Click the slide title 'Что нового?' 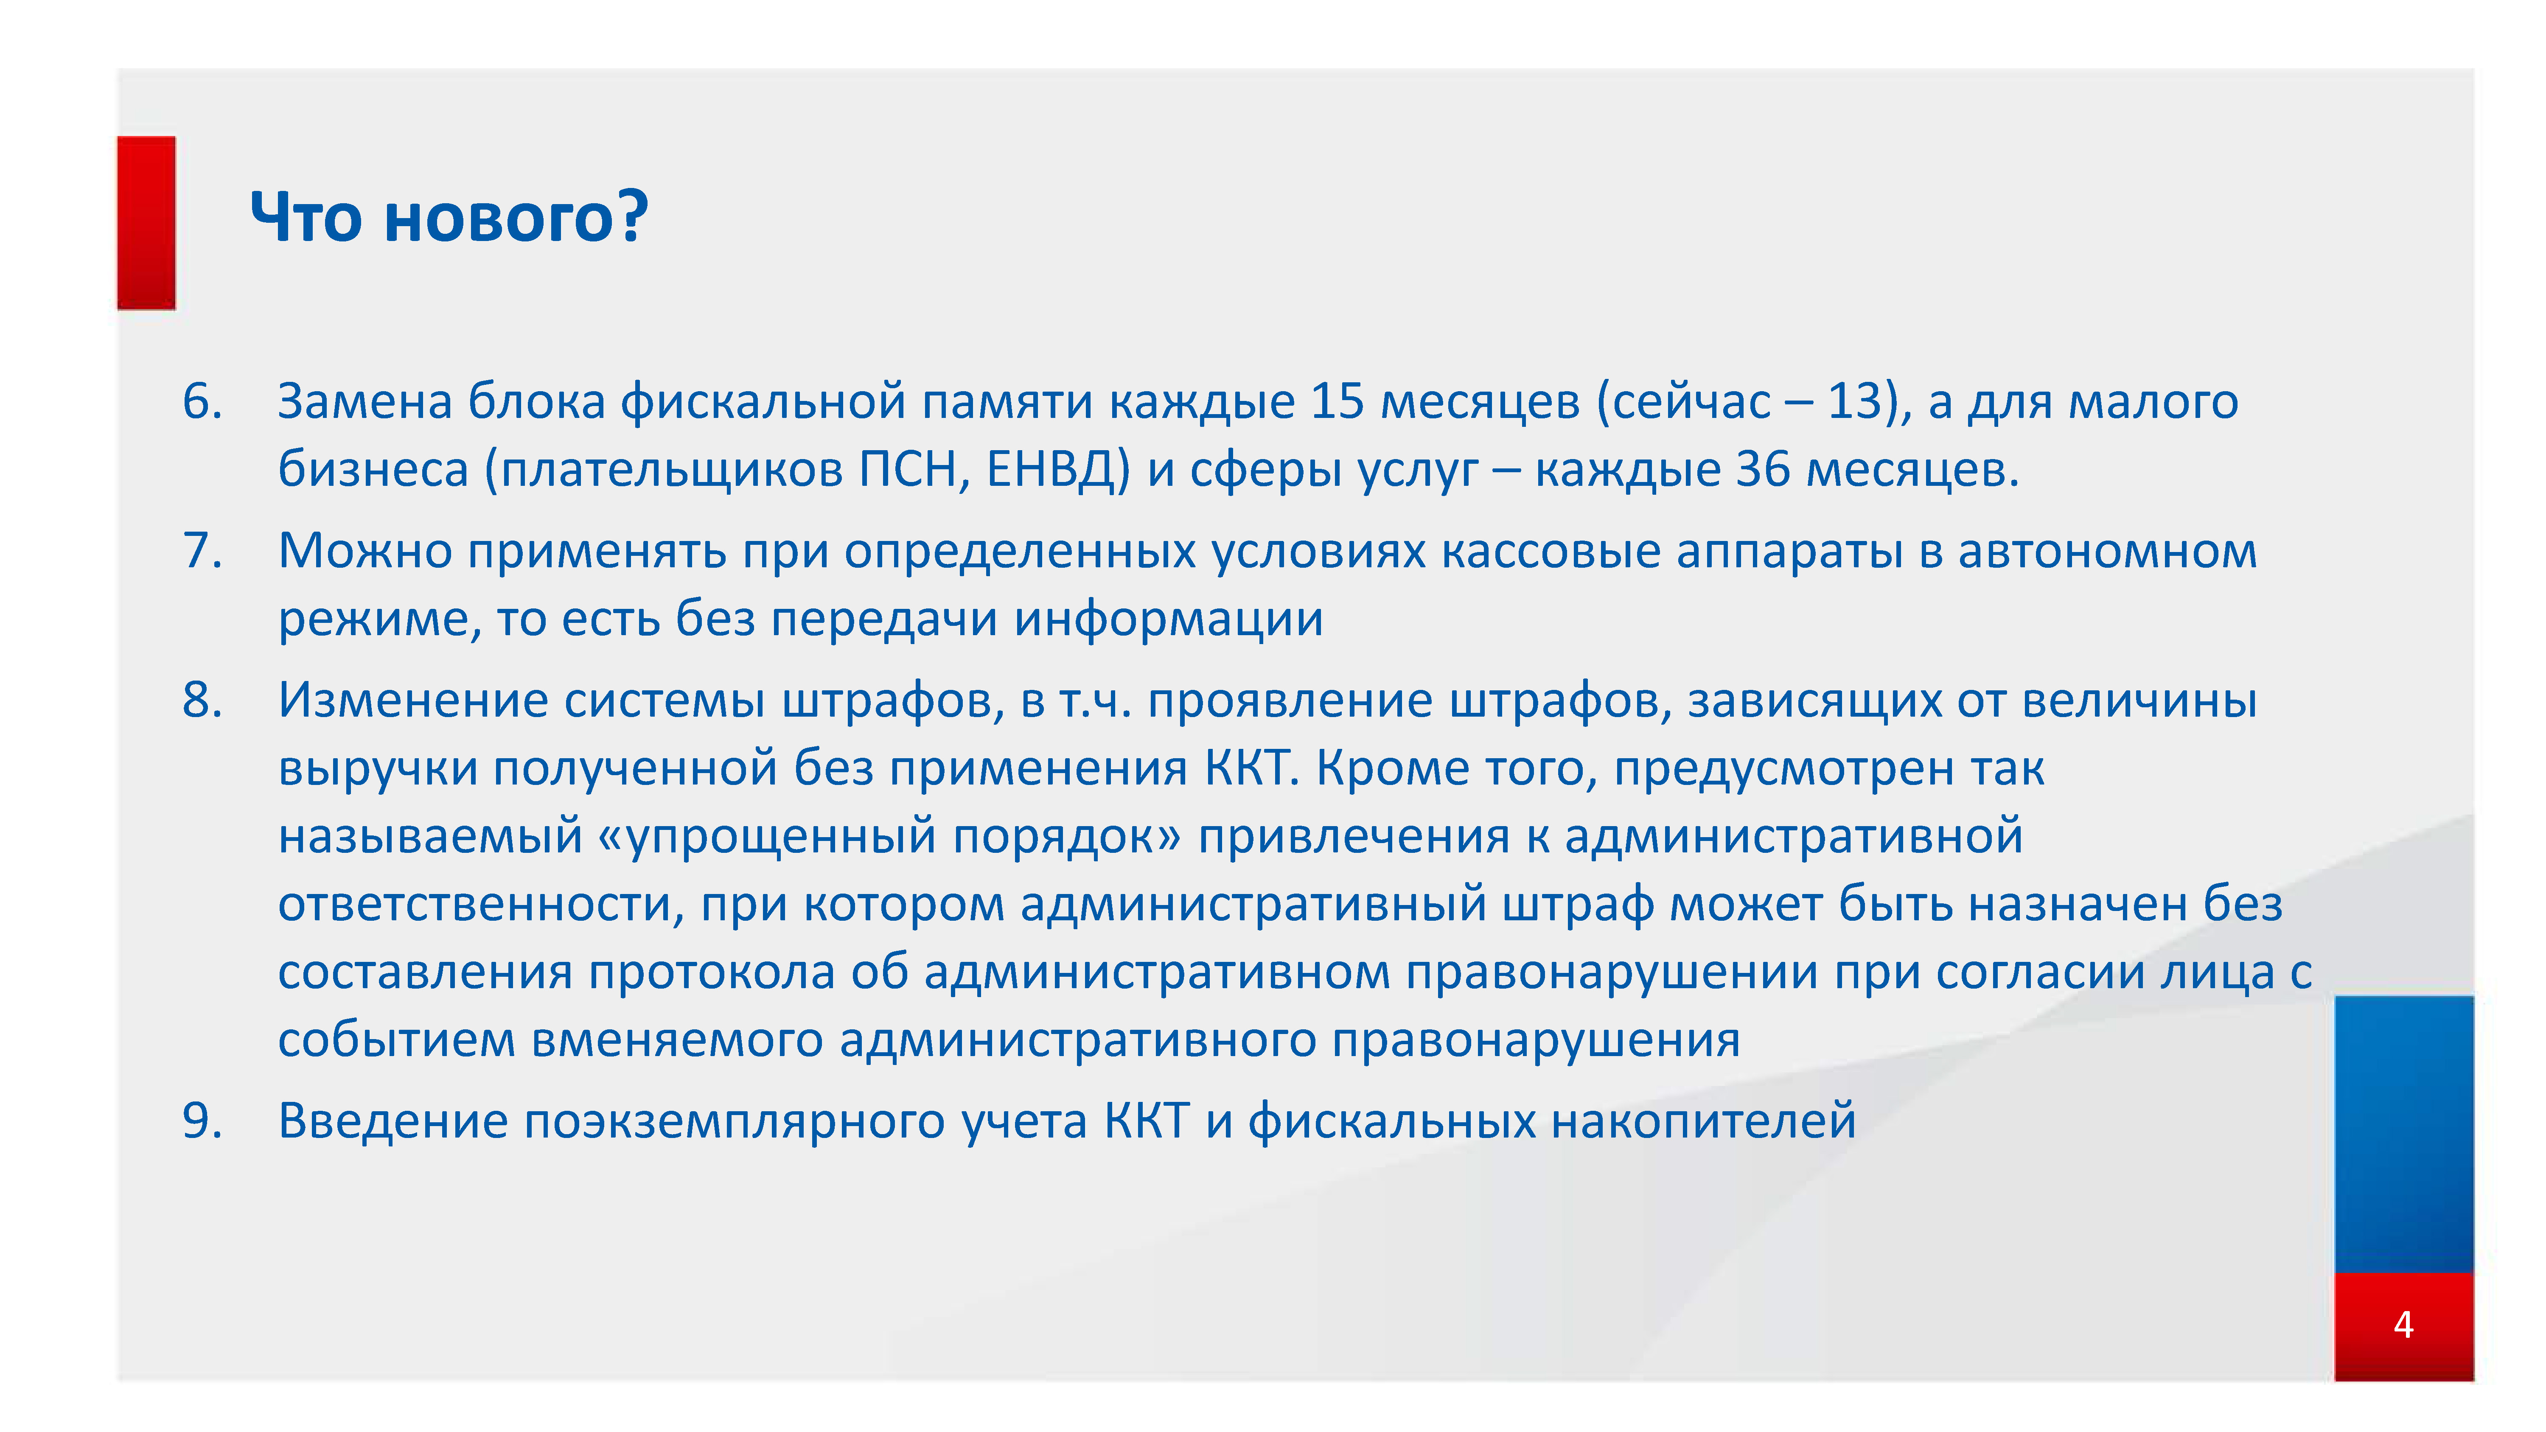[x=449, y=217]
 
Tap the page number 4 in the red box [x=2404, y=1324]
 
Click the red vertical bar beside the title [x=146, y=223]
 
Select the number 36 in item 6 [x=1763, y=469]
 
